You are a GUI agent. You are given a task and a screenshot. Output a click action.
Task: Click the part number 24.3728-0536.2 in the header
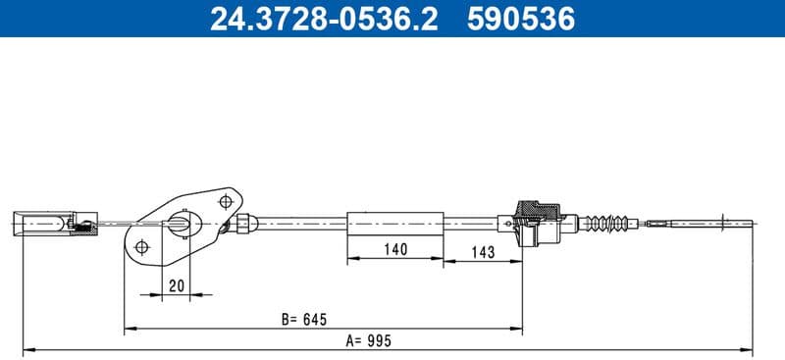325,19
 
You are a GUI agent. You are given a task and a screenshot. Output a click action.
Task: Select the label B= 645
302,319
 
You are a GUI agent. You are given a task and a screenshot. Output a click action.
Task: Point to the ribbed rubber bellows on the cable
605,223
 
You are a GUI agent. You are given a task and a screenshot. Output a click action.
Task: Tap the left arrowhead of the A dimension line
26,348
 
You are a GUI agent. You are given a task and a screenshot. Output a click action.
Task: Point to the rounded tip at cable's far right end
751,223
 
